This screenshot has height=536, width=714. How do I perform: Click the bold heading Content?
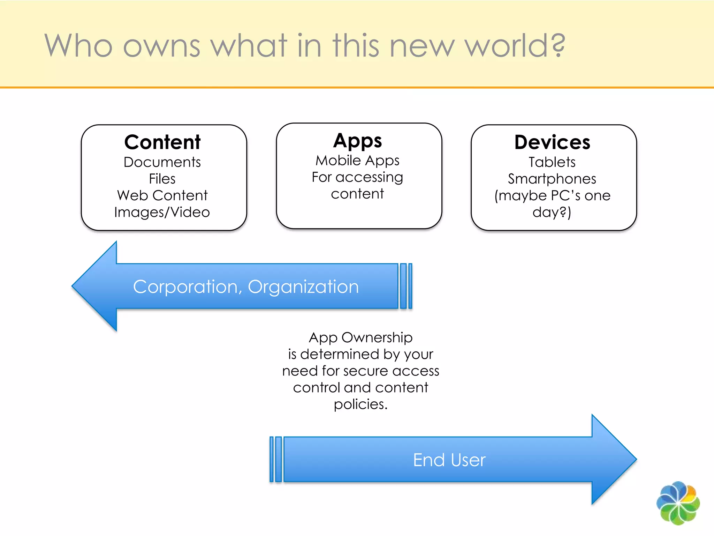coord(162,142)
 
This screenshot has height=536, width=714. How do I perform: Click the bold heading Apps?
coord(357,141)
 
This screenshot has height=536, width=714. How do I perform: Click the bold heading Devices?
coord(552,142)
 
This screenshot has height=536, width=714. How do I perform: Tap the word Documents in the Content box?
coord(162,162)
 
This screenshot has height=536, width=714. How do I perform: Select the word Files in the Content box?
coord(162,179)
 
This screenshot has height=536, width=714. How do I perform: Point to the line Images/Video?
coord(162,212)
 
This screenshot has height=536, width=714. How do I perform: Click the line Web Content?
coord(162,195)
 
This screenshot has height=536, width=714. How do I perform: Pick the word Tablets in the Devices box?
coord(552,162)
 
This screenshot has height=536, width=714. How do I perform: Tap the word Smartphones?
coord(552,179)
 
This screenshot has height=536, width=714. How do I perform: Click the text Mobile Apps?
coord(357,161)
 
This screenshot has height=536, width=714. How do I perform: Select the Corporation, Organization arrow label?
coord(246,287)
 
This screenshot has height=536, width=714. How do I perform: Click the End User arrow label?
coord(449,460)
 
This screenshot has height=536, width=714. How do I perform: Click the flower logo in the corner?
coord(678,503)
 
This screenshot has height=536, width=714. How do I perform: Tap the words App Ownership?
coord(360,337)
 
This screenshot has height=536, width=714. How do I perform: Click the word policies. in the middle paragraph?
coord(360,404)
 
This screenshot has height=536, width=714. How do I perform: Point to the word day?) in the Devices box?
coord(552,212)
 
